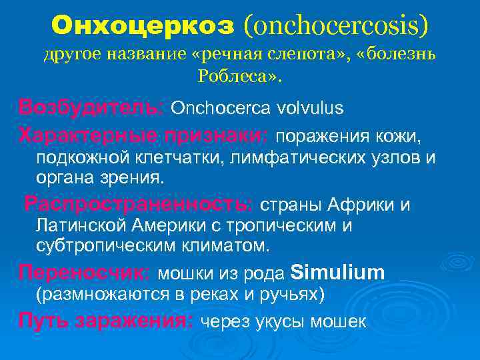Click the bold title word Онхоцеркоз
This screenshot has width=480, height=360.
tap(143, 26)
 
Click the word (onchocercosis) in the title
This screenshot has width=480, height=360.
tap(336, 26)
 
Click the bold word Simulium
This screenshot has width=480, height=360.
tap(339, 272)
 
